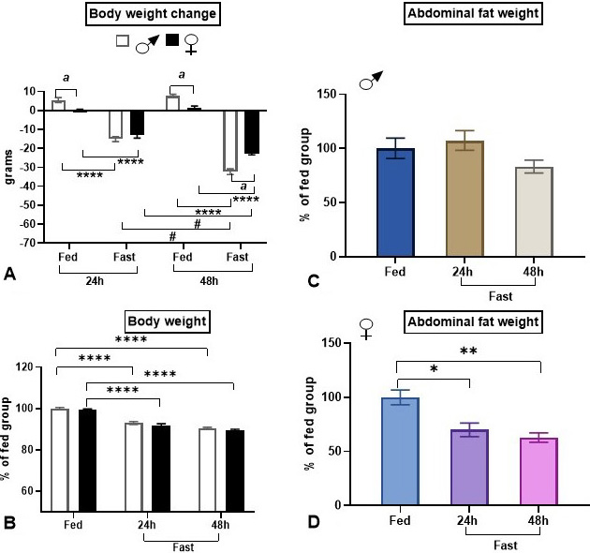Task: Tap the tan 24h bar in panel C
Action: pos(465,199)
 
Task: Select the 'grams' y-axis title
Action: pos(11,167)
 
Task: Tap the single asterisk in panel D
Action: pos(432,370)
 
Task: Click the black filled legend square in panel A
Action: pos(172,40)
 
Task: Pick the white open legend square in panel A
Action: pos(122,40)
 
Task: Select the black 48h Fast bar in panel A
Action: pos(251,132)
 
